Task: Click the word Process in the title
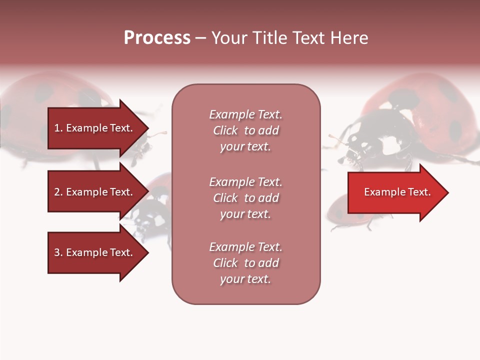pos(157,38)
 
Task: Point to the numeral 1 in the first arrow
pos(57,128)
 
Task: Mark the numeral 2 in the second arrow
pos(57,192)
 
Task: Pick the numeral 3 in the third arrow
pos(57,252)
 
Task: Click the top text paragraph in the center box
pos(245,130)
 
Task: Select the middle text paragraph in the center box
pos(245,198)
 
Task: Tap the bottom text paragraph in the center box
pos(245,263)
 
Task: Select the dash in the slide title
pos(200,38)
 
